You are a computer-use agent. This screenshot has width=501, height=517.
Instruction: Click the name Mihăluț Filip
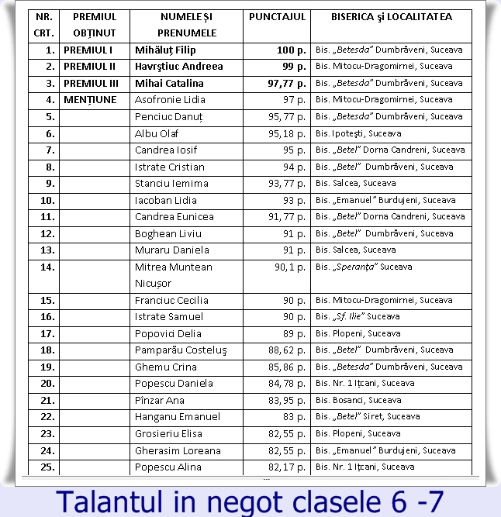coord(165,50)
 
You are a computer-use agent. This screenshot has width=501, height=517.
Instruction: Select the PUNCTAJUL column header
coord(277,16)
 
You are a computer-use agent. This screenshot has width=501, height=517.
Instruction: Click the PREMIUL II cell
coord(90,67)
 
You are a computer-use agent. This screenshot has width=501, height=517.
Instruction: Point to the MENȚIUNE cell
coord(90,100)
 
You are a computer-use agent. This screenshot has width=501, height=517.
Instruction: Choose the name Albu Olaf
coord(157,133)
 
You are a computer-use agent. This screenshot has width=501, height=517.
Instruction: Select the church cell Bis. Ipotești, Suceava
coord(358,133)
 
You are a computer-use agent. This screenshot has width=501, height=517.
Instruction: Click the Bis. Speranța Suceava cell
coord(364,267)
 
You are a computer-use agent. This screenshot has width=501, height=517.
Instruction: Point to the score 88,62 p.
coord(286,350)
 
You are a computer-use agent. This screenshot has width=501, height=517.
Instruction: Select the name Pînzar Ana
coord(160,400)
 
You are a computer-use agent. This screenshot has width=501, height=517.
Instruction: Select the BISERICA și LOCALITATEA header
coord(391,16)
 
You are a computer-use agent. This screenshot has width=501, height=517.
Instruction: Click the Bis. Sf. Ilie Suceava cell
coord(358,317)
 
